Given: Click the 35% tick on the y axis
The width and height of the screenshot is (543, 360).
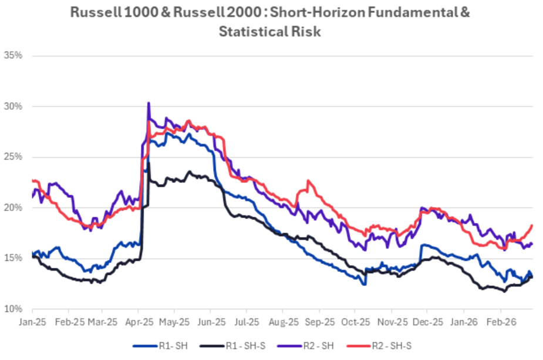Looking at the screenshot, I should [14, 56].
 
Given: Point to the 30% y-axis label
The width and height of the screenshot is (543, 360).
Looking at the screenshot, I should [14, 106].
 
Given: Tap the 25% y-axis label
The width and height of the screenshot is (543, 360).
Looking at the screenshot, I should [14, 157].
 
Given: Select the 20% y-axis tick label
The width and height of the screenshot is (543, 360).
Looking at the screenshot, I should [14, 208].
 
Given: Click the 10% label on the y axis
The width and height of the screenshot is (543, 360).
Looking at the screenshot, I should [14, 309].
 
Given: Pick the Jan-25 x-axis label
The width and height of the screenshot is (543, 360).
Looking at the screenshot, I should [32, 322].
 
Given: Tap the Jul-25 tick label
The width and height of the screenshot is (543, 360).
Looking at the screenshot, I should [247, 322].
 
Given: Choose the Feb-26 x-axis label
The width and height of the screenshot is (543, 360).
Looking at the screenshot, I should [501, 322].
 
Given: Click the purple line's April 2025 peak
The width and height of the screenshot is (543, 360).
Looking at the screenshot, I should [149, 103].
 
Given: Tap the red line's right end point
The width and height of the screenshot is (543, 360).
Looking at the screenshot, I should [532, 225].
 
